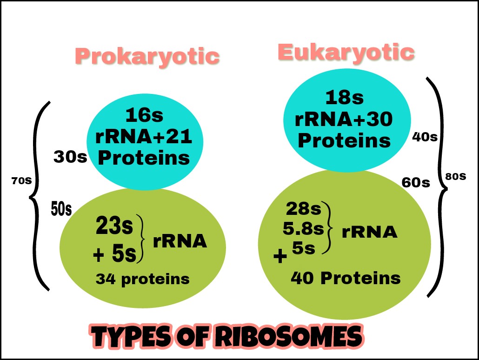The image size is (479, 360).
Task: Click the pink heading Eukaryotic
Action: tap(346, 53)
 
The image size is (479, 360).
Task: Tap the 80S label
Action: tap(456, 177)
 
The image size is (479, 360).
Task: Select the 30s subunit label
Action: tap(70, 157)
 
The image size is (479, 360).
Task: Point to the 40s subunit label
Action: tap(425, 137)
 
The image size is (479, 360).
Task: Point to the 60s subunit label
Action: tap(416, 183)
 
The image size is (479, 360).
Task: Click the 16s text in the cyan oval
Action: tap(144, 115)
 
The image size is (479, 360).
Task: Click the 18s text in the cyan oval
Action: tap(344, 98)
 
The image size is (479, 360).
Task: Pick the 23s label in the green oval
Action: tap(114, 227)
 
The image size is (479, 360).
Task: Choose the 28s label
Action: tap(303, 209)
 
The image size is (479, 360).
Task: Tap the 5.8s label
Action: tap(303, 228)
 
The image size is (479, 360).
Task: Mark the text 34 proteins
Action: tap(142, 279)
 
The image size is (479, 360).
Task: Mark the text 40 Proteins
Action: tap(345, 278)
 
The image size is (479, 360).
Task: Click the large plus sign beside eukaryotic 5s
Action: tap(280, 256)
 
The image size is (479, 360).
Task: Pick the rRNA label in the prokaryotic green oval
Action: tap(180, 241)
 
